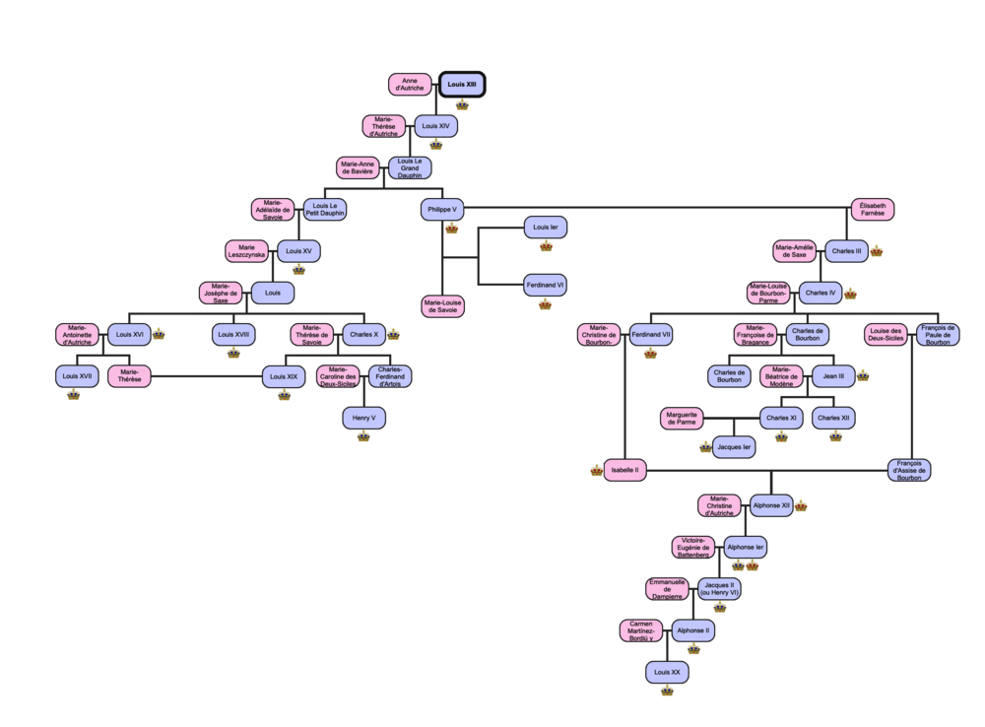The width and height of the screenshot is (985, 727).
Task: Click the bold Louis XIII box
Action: (x=462, y=85)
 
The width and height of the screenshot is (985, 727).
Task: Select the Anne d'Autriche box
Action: (x=410, y=85)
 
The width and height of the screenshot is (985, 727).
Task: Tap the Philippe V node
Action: (x=442, y=209)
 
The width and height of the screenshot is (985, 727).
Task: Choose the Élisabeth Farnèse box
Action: (x=873, y=209)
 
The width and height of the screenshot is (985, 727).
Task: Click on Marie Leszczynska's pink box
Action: (x=246, y=251)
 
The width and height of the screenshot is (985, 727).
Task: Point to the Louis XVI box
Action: (x=129, y=335)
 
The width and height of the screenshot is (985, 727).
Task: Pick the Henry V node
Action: (x=363, y=419)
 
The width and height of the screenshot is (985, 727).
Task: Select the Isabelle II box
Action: (x=624, y=470)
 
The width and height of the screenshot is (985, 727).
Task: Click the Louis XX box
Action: (x=667, y=673)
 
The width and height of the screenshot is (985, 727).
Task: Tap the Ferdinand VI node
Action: (x=546, y=286)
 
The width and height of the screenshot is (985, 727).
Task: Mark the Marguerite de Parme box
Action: (x=681, y=419)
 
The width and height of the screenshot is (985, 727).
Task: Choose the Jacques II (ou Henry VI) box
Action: (x=719, y=589)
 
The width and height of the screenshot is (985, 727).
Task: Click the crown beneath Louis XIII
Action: (x=462, y=104)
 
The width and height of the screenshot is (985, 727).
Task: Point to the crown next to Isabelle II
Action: (x=596, y=471)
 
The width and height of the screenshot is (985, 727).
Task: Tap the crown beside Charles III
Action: (x=877, y=252)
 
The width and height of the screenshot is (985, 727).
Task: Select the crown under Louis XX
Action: (x=667, y=693)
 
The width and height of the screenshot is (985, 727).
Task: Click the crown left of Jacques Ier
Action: (x=705, y=448)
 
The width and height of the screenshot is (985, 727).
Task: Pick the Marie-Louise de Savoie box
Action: (x=442, y=306)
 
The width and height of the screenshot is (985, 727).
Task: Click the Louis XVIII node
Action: (x=233, y=335)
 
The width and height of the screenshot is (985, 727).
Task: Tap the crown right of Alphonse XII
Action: (x=801, y=506)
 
